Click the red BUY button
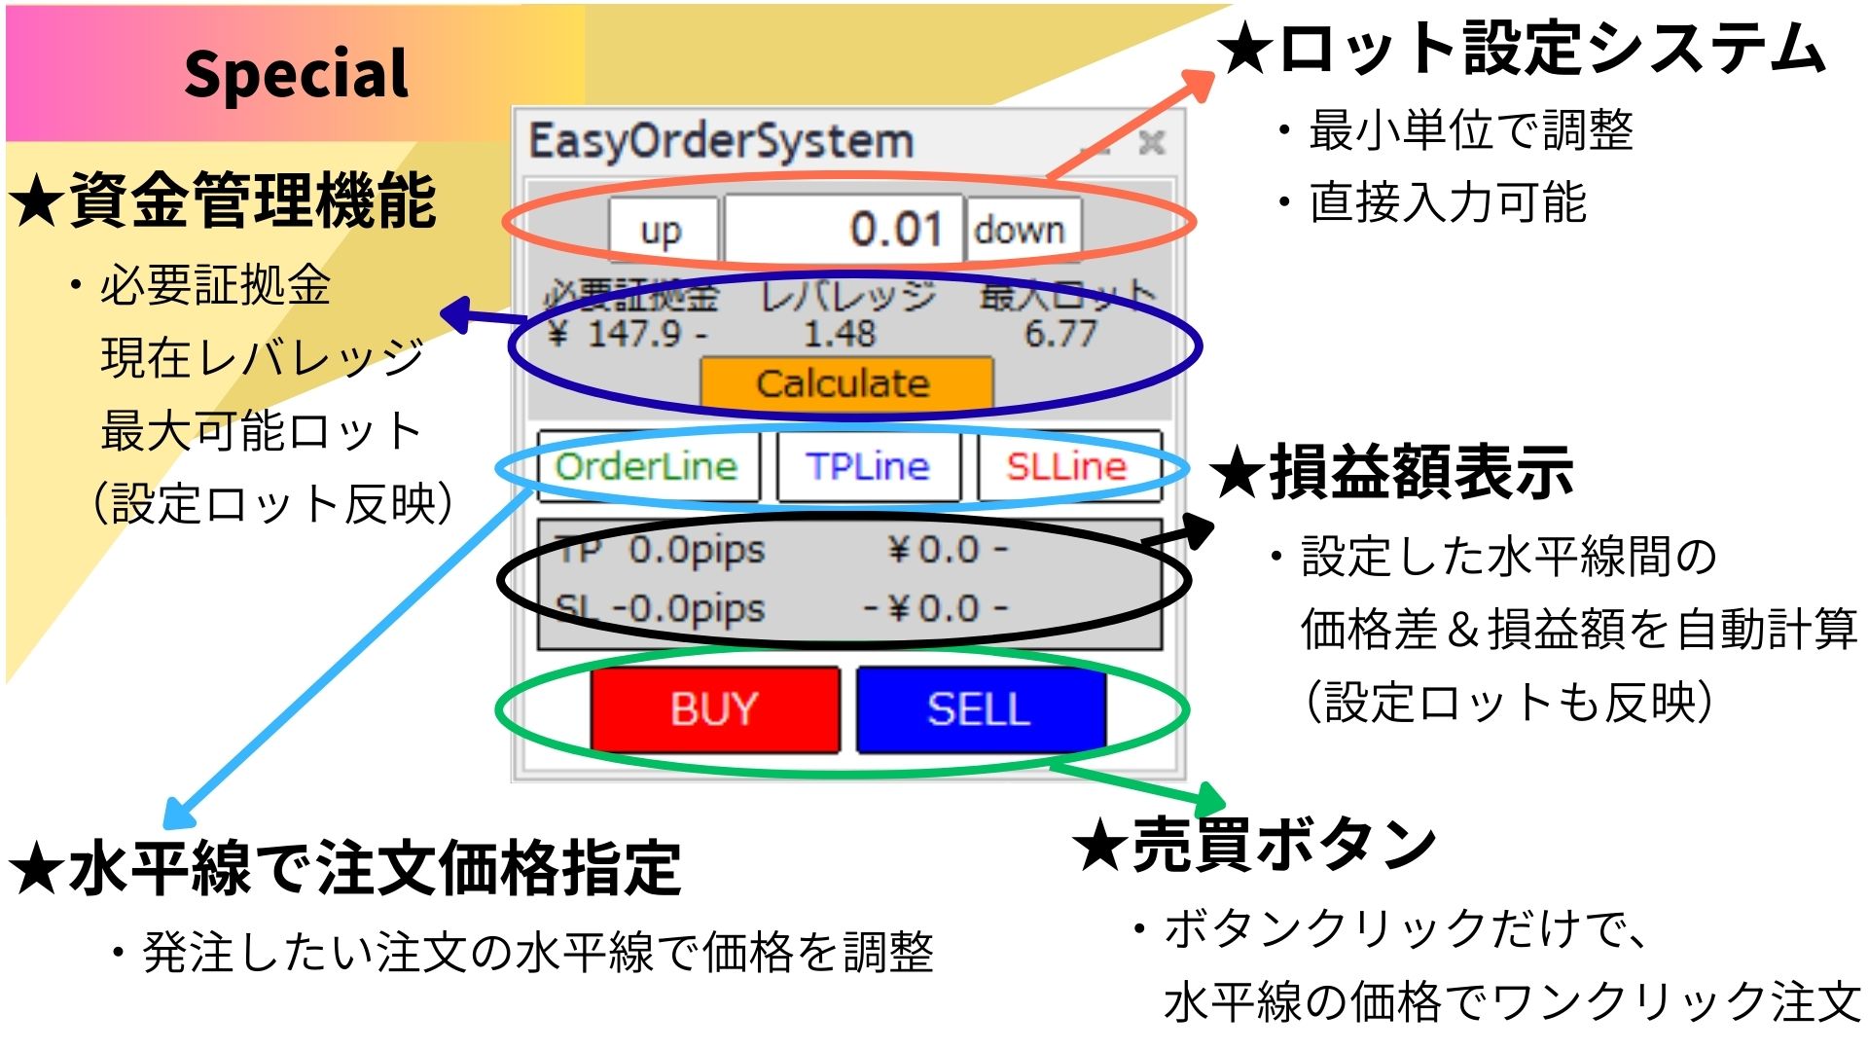coord(715,709)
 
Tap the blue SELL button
coord(981,709)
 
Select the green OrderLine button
coord(647,466)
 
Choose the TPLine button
coord(868,466)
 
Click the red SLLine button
coord(1068,466)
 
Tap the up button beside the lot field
coord(663,231)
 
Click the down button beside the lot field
coord(1022,231)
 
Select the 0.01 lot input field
coord(844,230)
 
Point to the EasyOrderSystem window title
coord(721,142)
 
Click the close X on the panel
coord(1152,143)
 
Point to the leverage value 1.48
coord(840,334)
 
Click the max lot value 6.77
coord(1060,334)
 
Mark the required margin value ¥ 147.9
coord(628,334)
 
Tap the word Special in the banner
coord(297,74)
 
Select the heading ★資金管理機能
coord(223,200)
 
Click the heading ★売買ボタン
coord(1255,844)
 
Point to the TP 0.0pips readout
coord(662,551)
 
